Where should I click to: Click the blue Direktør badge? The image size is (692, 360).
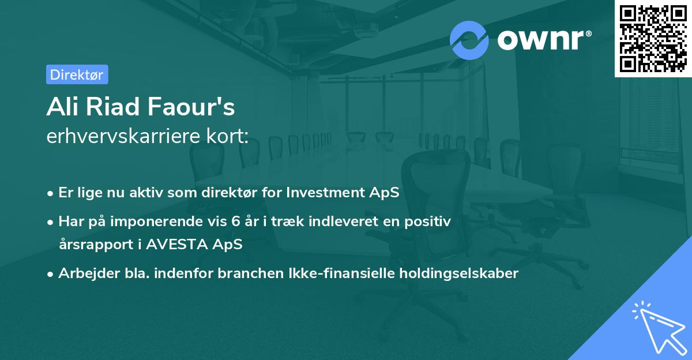point(77,74)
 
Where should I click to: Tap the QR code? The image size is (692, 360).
point(653,39)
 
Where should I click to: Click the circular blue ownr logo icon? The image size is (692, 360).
point(469,40)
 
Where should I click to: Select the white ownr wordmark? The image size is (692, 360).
point(540,40)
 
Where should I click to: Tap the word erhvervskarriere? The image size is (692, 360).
point(123,136)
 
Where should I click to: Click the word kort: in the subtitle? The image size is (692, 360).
point(227,136)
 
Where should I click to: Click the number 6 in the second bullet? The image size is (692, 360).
point(236,222)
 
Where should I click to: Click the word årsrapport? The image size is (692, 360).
point(96,245)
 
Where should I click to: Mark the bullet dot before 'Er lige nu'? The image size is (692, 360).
point(50,194)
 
